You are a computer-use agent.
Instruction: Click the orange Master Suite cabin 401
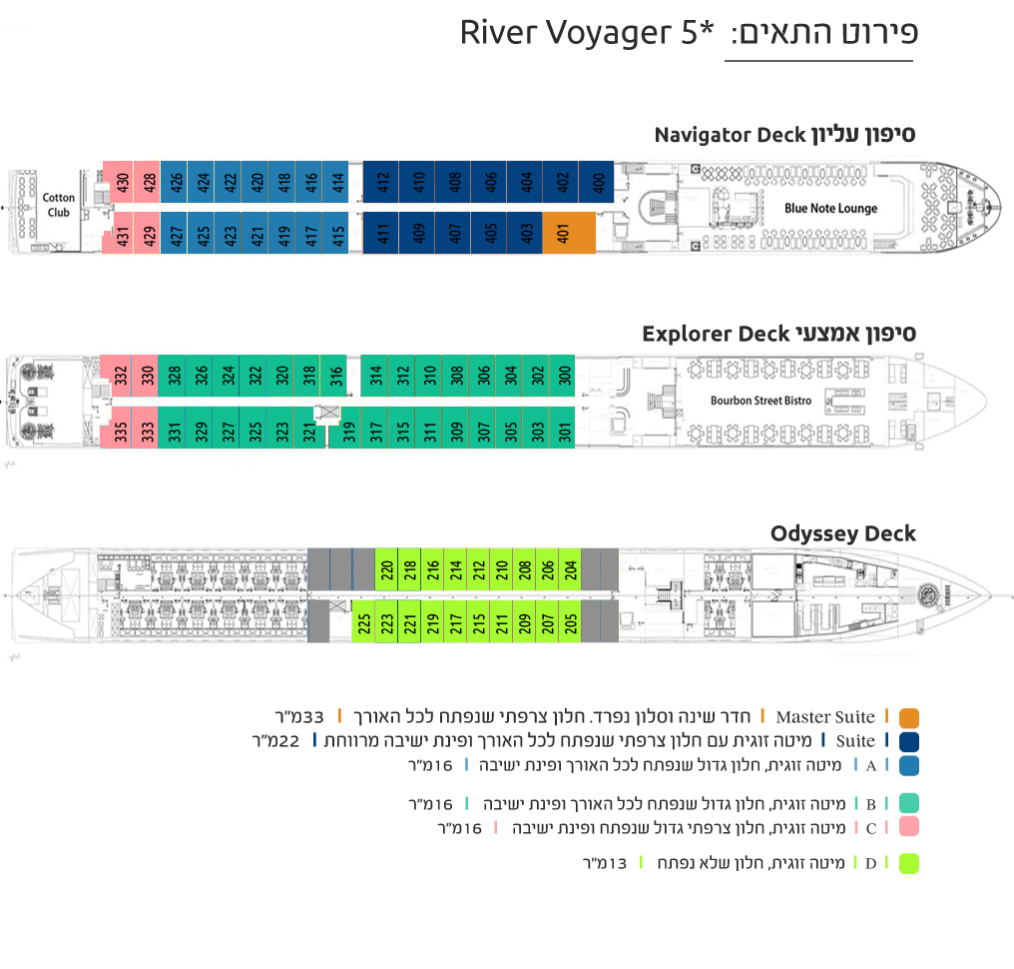click(x=569, y=233)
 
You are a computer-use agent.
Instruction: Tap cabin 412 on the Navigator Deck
click(x=381, y=182)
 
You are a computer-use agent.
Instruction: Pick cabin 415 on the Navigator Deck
click(x=335, y=233)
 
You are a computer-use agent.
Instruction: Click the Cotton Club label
click(x=58, y=205)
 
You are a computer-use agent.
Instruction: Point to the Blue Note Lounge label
click(x=831, y=208)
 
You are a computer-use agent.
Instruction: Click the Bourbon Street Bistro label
click(x=761, y=401)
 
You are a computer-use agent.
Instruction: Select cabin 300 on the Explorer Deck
click(x=562, y=376)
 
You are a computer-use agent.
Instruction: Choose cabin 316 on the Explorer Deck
click(x=333, y=376)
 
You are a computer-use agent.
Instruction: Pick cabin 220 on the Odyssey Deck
click(x=386, y=569)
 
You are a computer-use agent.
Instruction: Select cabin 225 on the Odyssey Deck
click(x=363, y=622)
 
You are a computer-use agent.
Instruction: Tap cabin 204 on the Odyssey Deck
click(x=570, y=569)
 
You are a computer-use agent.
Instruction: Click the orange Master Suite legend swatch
click(x=908, y=718)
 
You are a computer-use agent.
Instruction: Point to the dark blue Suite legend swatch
click(x=908, y=742)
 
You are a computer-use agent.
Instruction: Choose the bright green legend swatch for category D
click(x=908, y=863)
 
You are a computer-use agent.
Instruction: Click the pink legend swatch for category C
click(x=908, y=826)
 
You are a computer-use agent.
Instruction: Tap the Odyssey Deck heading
click(x=842, y=533)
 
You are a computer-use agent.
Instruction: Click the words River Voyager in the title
click(x=566, y=33)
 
